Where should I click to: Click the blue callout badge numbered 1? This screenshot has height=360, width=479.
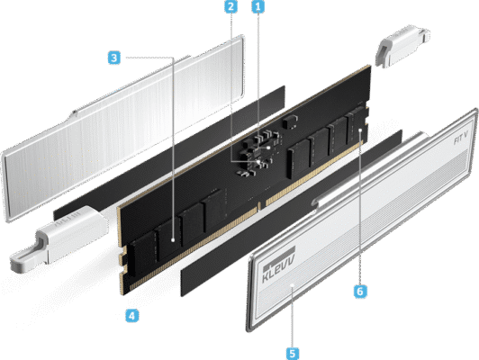tap(260, 8)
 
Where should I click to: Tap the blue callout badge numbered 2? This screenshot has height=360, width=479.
tap(231, 8)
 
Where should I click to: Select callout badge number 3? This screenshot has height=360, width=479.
tap(113, 58)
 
